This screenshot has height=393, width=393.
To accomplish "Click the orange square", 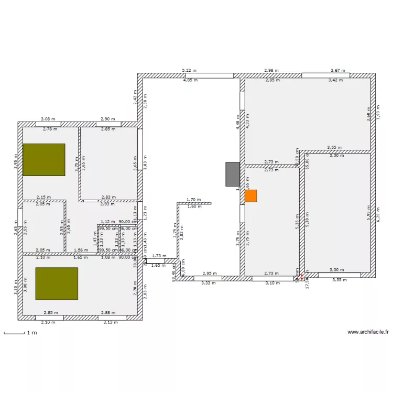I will point(251,196).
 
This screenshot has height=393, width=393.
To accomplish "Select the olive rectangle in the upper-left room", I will point(43,160).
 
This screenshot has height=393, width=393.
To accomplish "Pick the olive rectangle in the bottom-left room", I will point(57,283).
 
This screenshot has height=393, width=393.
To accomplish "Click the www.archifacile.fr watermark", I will point(368,332).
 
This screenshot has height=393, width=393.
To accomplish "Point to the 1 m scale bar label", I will point(32,333).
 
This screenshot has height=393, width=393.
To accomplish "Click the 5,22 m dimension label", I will point(189,70).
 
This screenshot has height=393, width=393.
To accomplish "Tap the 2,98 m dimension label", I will point(271,70).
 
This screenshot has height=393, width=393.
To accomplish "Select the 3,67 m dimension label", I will point(338,70).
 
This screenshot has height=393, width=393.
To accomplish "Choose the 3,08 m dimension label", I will point(49,119).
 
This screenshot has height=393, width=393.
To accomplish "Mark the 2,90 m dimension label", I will point(108,119).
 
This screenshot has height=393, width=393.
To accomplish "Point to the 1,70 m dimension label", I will point(194,200).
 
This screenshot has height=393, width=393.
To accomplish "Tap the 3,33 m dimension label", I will point(209,283).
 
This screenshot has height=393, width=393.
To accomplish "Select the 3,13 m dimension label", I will point(111,322).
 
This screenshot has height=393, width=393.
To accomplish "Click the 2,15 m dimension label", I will point(43,197).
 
